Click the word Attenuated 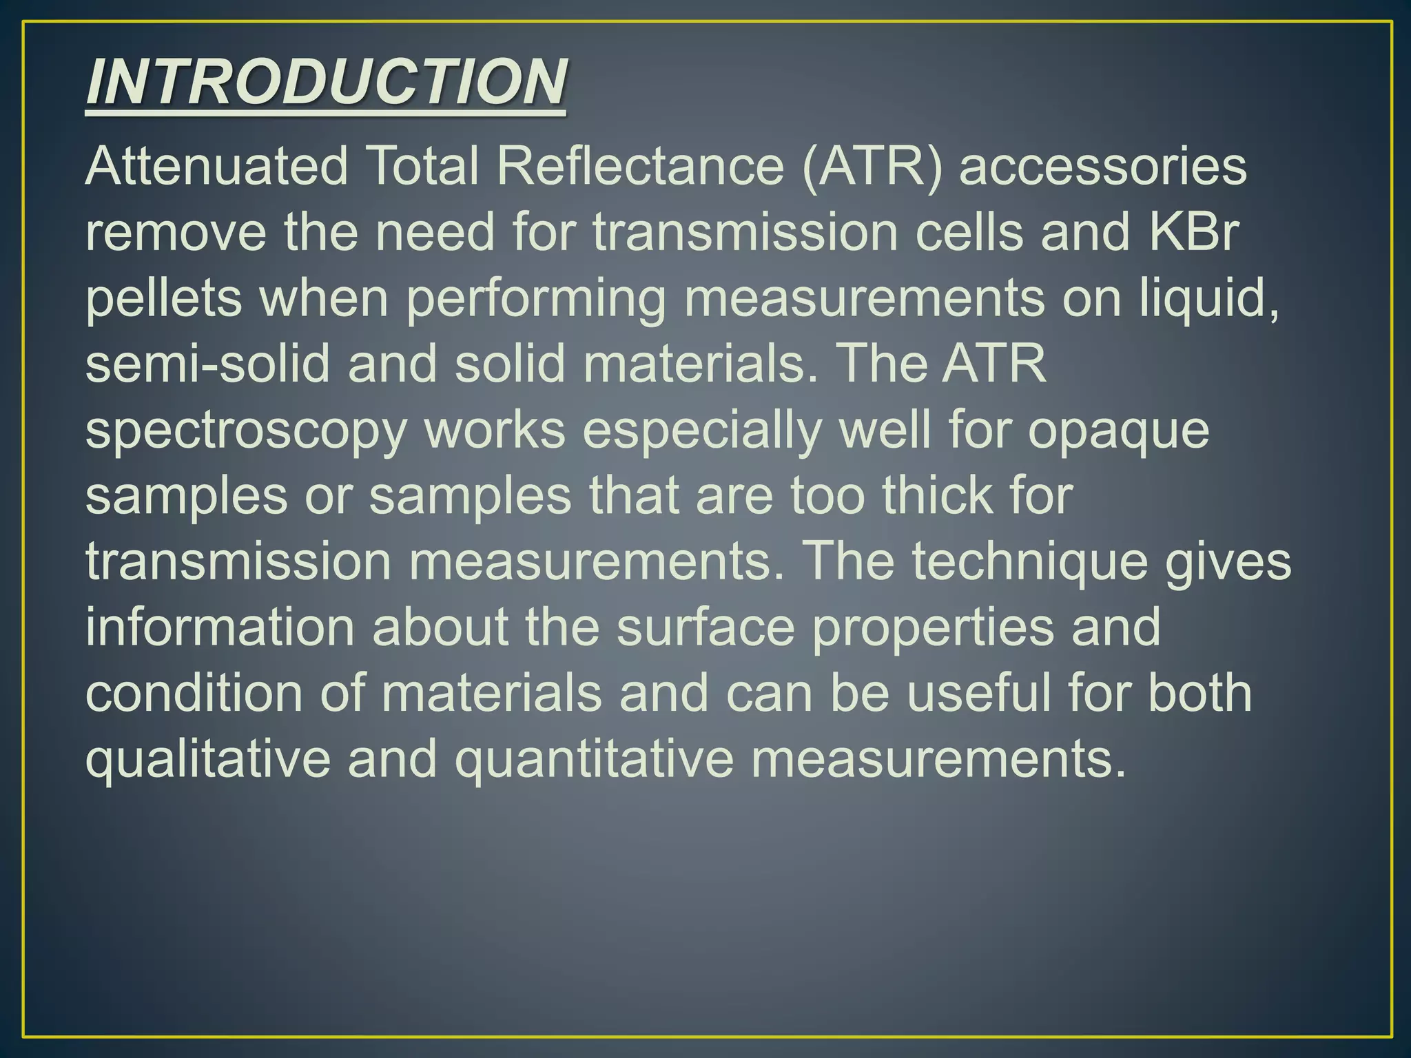point(216,167)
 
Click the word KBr point(1193,233)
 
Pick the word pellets point(164,299)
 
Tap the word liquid point(1209,299)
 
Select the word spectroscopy point(246,431)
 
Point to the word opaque point(1118,431)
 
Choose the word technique point(1030,562)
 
